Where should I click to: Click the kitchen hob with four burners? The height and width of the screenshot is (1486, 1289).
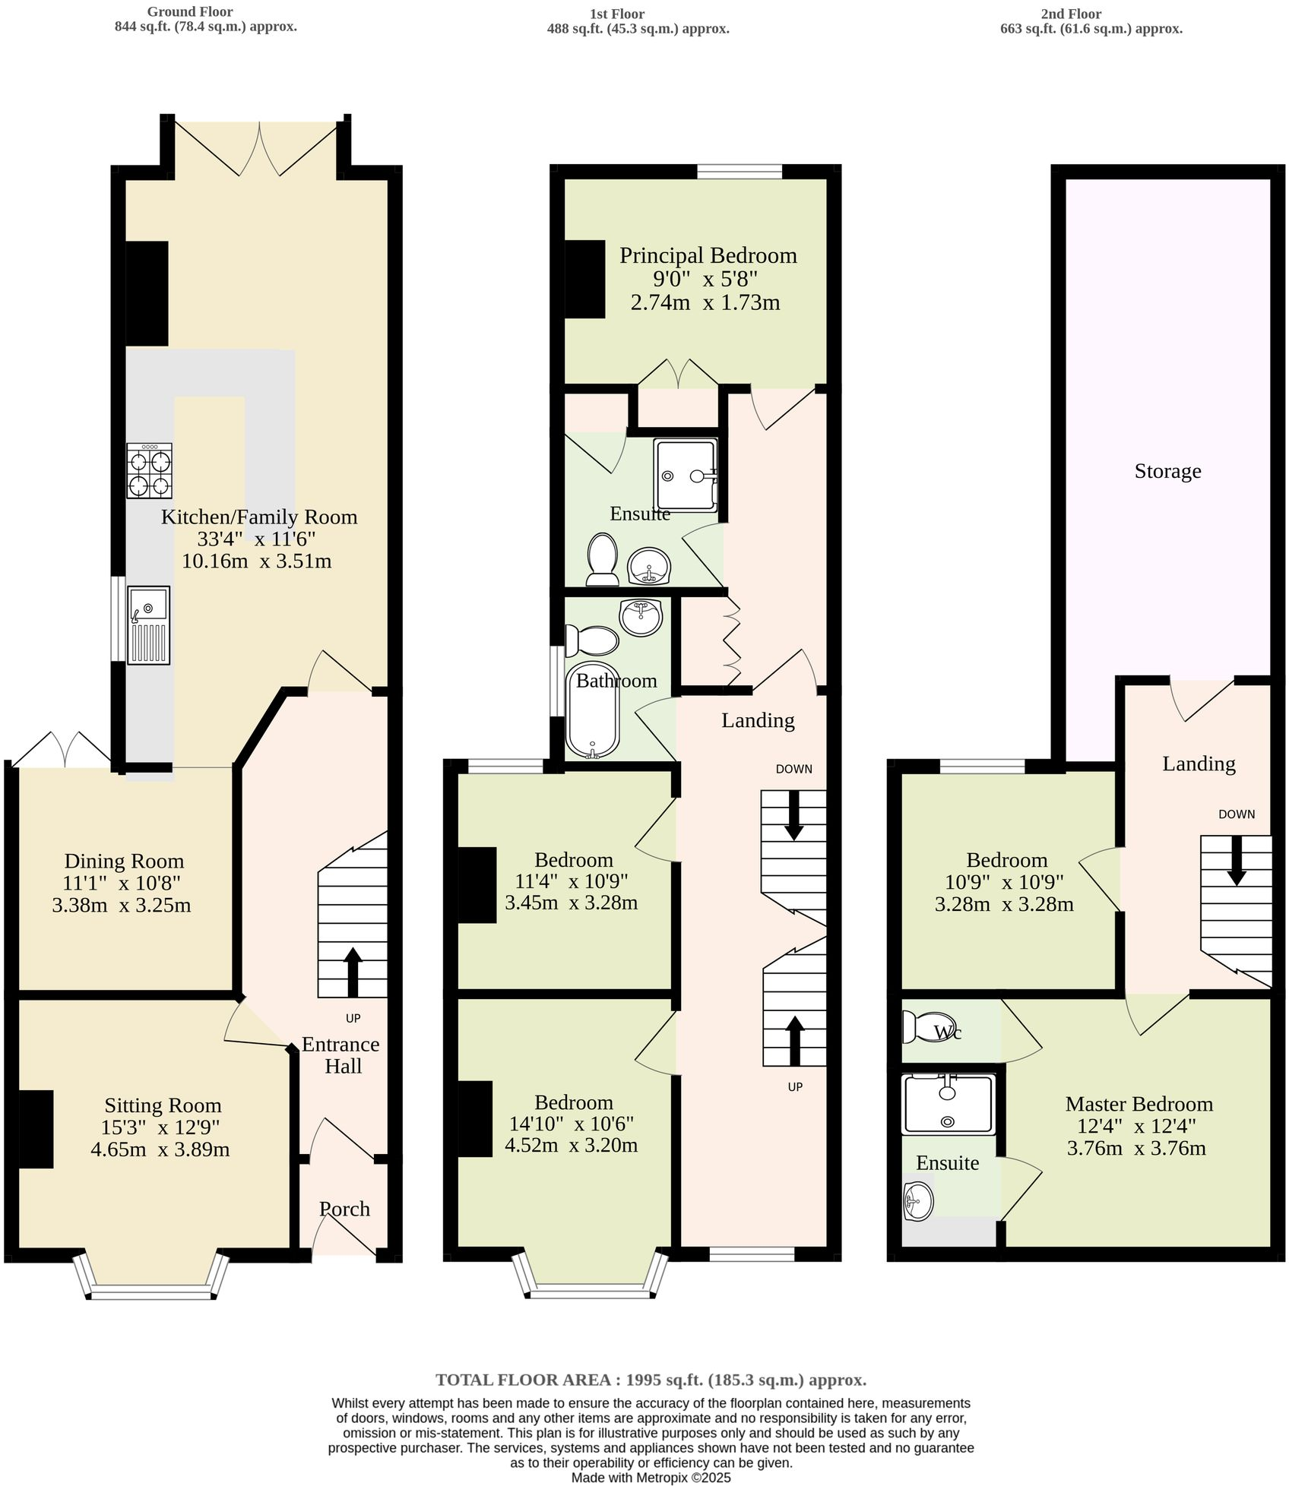pyautogui.click(x=149, y=470)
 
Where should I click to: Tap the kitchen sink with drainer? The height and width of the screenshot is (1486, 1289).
pyautogui.click(x=149, y=624)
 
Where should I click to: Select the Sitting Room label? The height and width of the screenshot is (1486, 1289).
pyautogui.click(x=163, y=1105)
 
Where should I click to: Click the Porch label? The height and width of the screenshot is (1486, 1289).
pyautogui.click(x=344, y=1208)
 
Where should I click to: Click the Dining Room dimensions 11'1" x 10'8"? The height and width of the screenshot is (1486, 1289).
pyautogui.click(x=122, y=883)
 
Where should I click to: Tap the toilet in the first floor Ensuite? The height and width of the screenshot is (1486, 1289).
pyautogui.click(x=603, y=559)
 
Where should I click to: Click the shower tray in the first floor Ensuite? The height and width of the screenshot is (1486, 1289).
pyautogui.click(x=686, y=476)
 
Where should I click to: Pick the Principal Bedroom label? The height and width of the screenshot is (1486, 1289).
pyautogui.click(x=708, y=255)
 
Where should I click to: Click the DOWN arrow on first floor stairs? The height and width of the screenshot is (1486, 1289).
pyautogui.click(x=793, y=815)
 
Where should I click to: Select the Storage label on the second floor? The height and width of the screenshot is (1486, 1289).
pyautogui.click(x=1167, y=471)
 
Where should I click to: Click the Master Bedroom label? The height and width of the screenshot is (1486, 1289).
pyautogui.click(x=1139, y=1103)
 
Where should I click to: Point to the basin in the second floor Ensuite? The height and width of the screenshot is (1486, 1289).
pyautogui.click(x=918, y=1201)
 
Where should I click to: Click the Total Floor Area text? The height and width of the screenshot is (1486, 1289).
pyautogui.click(x=651, y=1380)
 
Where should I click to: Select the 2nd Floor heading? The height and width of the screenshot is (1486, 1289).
pyautogui.click(x=1071, y=14)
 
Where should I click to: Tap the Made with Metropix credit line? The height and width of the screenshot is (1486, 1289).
pyautogui.click(x=651, y=1478)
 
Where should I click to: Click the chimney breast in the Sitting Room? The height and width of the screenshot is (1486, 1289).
pyautogui.click(x=36, y=1128)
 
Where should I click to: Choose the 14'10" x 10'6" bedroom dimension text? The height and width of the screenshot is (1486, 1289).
pyautogui.click(x=573, y=1124)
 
